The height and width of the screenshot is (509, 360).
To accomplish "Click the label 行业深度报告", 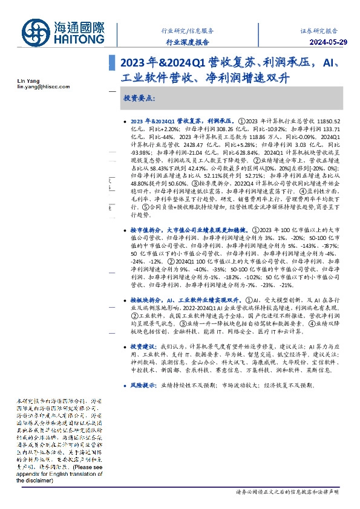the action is pos(188,42).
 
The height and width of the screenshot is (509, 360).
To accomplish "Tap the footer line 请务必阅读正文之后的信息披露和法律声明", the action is pos(287,493).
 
